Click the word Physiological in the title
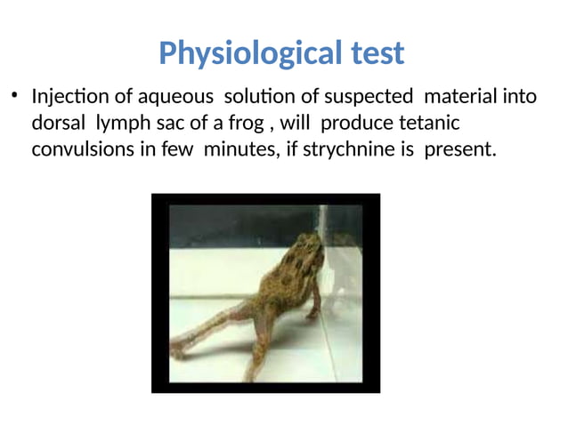click(245, 55)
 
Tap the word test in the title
click(371, 53)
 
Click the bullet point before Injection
click(14, 95)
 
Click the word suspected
click(368, 96)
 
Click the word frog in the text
click(244, 124)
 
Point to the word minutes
click(239, 149)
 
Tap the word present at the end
click(458, 149)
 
